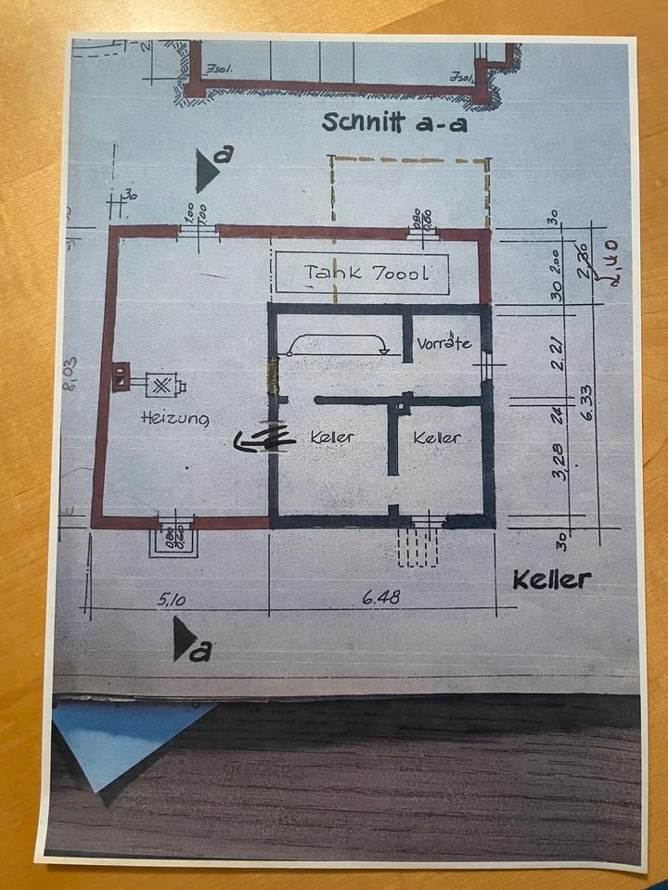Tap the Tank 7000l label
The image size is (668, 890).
pos(363,273)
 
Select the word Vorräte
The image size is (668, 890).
pos(443,343)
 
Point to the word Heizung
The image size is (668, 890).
pos(174,418)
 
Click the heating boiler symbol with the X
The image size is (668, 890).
pos(164,385)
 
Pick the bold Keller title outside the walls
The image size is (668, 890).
pos(552,579)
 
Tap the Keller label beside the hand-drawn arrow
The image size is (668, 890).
pos(333,436)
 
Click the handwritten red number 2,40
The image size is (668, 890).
pos(613,263)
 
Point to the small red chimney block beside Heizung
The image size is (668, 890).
pos(121,376)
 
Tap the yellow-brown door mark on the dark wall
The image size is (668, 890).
pos(273,376)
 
